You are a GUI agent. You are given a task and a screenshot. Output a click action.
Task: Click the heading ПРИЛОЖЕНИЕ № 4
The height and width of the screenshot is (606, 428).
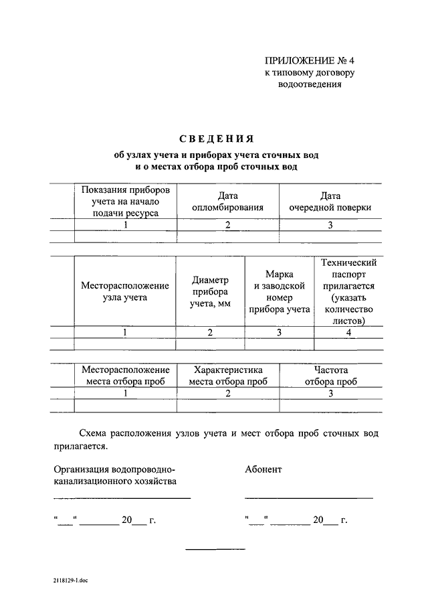tap(306, 60)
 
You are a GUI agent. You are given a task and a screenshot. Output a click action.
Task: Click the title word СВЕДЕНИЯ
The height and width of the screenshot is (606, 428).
tap(216, 139)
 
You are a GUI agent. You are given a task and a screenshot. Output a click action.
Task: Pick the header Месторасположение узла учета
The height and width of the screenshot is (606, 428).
tap(125, 291)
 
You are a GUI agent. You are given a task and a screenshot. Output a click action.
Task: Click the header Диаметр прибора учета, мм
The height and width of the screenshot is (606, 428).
tap(210, 291)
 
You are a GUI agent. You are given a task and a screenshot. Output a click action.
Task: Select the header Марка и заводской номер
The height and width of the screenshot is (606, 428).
tap(279, 291)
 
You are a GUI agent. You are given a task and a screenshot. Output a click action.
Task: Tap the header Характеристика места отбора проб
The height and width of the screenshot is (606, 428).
tap(227, 375)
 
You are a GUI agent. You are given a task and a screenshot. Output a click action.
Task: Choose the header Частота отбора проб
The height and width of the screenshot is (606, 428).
tap(330, 375)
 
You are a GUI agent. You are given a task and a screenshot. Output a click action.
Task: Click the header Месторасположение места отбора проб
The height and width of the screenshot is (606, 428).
tap(125, 375)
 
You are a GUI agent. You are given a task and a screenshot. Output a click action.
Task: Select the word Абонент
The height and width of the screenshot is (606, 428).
tap(263, 469)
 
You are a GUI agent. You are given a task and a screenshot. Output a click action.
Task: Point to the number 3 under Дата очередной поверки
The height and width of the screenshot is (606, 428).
tap(330, 225)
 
